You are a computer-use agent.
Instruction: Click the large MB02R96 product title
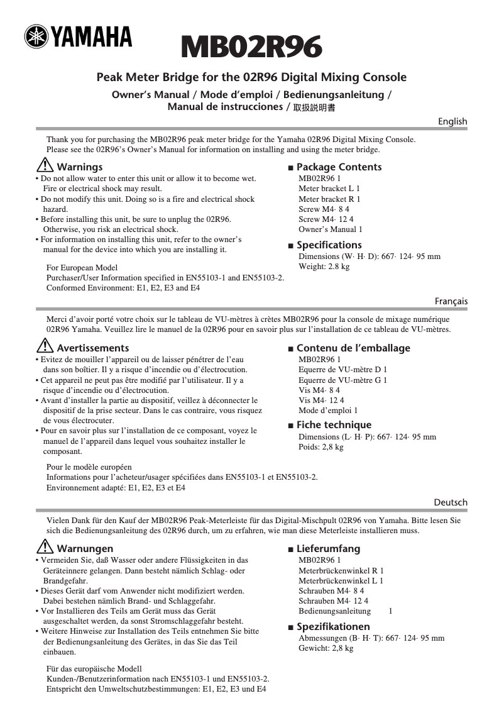pos(251,47)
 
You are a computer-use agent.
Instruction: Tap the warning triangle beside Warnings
pos(45,167)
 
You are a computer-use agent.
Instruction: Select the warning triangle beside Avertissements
pos(45,347)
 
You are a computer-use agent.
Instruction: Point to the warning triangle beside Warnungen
pos(45,548)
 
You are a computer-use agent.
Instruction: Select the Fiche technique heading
pos(333,425)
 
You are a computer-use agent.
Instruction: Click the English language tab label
pos(452,121)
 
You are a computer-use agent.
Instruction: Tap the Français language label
pos(451,302)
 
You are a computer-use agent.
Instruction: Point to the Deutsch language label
pos(451,502)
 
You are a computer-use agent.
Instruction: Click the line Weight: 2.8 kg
pos(324,267)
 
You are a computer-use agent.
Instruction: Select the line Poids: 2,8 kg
pos(320,447)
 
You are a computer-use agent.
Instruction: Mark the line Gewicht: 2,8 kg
pos(326,648)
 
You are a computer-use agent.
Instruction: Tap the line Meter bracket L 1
pos(329,189)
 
